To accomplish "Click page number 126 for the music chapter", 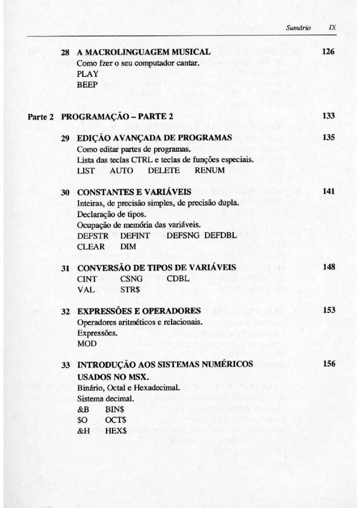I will [x=329, y=52].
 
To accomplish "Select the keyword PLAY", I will [x=87, y=74].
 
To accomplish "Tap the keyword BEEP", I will [x=87, y=85].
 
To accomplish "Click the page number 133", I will [x=329, y=116].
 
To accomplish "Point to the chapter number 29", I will [x=66, y=138].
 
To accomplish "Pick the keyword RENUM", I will [x=209, y=171].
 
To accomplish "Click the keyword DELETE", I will [x=163, y=171].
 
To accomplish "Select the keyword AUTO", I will [x=121, y=171].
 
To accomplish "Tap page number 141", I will [x=329, y=192].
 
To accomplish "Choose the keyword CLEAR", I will [x=91, y=247].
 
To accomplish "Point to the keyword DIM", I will [x=128, y=247].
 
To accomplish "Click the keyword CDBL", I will [x=178, y=279].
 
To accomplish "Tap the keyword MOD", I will [x=86, y=343].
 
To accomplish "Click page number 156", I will [x=329, y=364].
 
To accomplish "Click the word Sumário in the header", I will [x=299, y=27].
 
